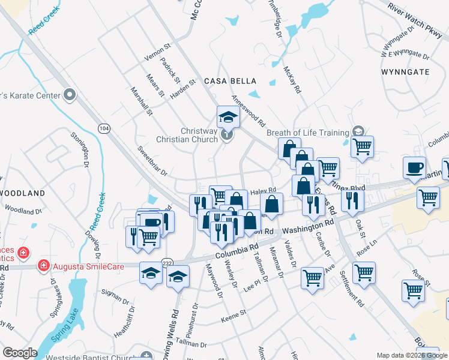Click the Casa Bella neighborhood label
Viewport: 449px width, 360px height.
tap(231, 81)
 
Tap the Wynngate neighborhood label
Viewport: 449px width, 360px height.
tap(405, 71)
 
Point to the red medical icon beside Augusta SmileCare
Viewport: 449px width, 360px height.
tap(43, 265)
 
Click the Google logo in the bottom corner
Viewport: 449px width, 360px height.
tap(20, 353)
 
